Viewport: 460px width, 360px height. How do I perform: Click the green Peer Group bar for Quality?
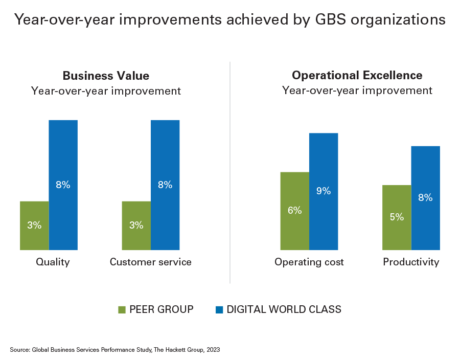[x=34, y=226]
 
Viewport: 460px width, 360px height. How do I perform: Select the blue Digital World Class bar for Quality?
[x=63, y=185]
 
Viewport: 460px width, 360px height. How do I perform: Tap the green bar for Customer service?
[x=136, y=226]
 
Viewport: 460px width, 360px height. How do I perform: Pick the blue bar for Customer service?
[x=165, y=185]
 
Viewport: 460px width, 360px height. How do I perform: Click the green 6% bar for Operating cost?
[x=294, y=211]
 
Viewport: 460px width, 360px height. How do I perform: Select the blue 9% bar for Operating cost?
[x=324, y=191]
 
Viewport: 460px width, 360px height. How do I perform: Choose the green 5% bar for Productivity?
[x=397, y=217]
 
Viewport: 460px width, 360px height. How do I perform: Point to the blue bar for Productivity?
[x=425, y=198]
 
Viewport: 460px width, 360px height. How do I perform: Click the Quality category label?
[x=53, y=262]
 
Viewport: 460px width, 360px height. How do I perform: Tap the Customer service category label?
[x=151, y=262]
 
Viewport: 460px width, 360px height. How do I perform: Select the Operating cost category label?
[x=309, y=262]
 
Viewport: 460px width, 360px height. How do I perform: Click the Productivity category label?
[x=411, y=262]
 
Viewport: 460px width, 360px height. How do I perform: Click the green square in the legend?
[x=122, y=309]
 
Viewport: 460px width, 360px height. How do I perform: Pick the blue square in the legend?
[x=220, y=309]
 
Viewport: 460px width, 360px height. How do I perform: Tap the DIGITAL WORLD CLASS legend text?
[x=284, y=309]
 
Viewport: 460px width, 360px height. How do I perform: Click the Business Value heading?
[x=106, y=76]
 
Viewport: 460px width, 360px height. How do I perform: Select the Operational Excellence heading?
[x=357, y=76]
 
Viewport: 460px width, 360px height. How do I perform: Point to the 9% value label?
[x=324, y=191]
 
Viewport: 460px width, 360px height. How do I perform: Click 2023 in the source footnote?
[x=213, y=350]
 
